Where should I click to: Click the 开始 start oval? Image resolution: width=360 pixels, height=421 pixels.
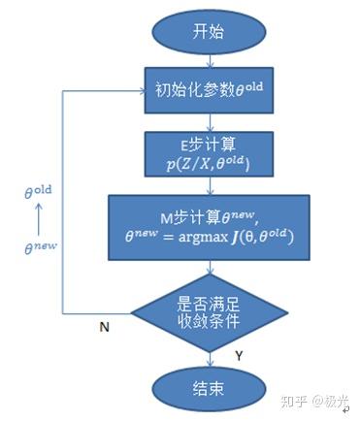(201, 32)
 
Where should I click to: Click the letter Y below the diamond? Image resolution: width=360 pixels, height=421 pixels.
(238, 356)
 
